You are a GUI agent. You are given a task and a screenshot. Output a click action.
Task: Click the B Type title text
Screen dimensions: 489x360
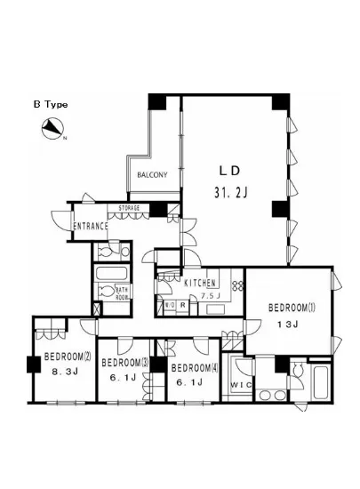(51, 104)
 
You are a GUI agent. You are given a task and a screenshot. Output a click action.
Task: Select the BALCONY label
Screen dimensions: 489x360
(152, 175)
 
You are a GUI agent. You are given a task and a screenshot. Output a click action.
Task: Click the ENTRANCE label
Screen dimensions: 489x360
(91, 226)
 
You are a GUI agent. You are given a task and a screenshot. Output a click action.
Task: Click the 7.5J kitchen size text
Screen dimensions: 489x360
(211, 295)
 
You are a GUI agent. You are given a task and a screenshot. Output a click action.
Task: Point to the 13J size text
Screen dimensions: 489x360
(290, 325)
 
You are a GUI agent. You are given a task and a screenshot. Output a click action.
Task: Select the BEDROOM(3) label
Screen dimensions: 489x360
(124, 363)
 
